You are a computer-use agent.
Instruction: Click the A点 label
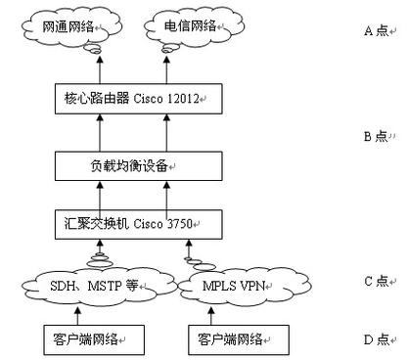(x=378, y=30)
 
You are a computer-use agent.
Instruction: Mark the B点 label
(x=378, y=137)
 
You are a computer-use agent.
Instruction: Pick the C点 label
(x=378, y=282)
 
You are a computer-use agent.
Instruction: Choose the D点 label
(x=378, y=339)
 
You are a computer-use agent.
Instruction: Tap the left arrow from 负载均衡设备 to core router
(x=93, y=130)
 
